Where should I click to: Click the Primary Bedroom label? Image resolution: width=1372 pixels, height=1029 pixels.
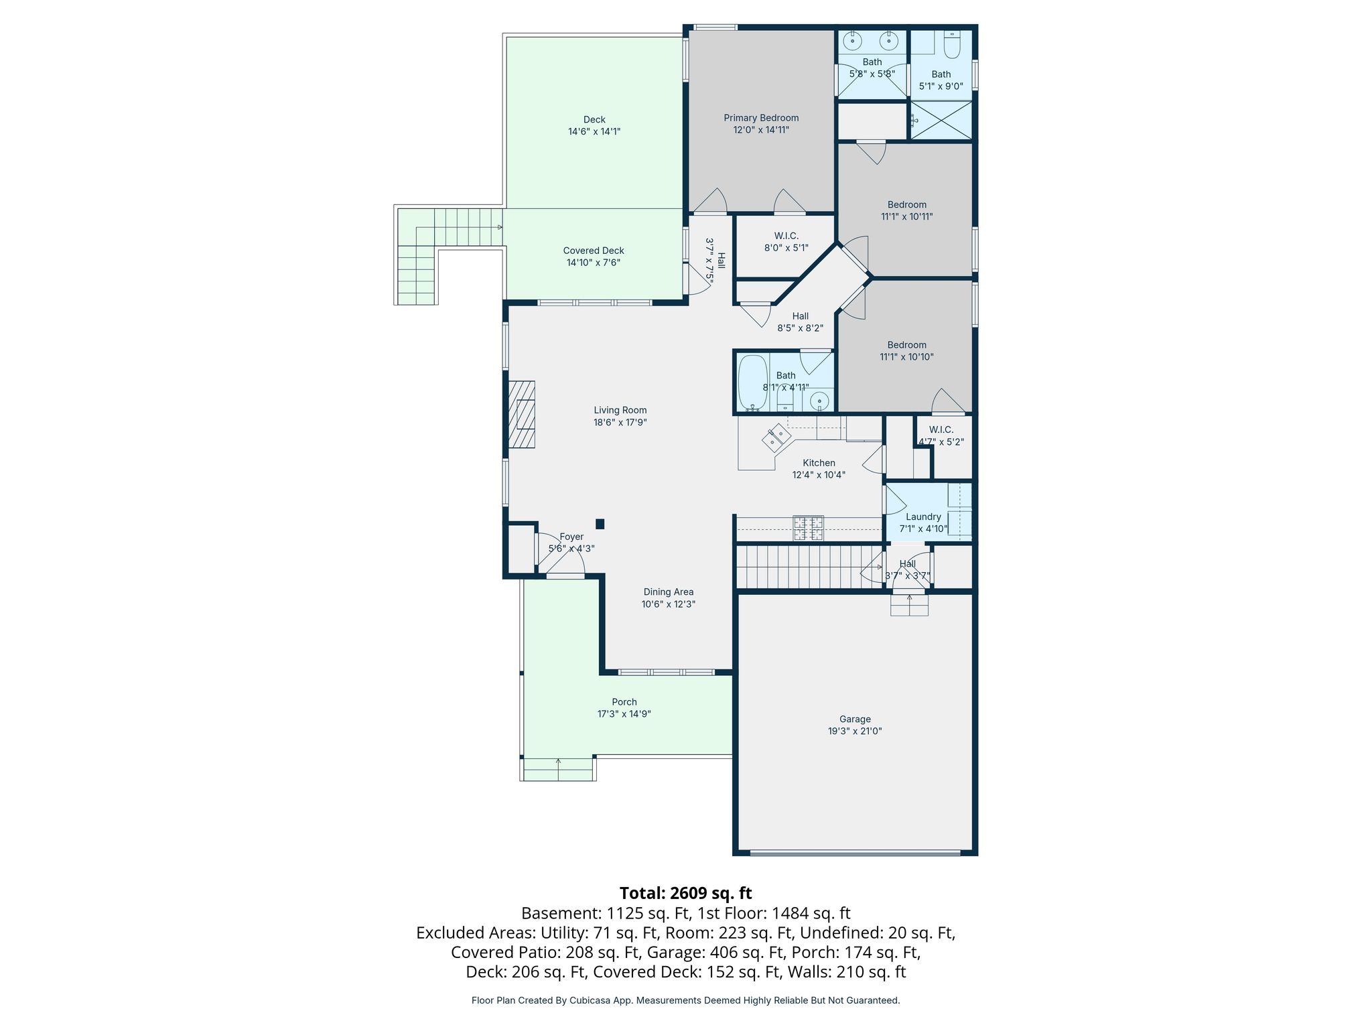coord(761,118)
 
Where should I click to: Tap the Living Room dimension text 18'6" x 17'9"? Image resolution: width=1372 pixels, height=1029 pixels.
coord(620,423)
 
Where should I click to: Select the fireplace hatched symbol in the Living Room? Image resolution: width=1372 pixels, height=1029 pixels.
coord(521,414)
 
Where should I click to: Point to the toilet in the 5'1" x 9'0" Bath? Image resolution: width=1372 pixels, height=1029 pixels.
coord(952,44)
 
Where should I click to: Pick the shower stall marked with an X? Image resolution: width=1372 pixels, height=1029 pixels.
coord(941,121)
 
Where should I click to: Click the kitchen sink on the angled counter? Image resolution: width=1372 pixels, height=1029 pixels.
coord(777,437)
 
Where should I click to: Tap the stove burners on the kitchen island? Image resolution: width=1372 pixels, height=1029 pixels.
coord(809,528)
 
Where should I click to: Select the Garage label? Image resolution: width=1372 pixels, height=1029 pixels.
coord(855,719)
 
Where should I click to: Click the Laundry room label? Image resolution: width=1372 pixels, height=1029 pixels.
coord(923,517)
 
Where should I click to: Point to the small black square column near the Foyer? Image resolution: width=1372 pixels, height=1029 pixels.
coord(600,524)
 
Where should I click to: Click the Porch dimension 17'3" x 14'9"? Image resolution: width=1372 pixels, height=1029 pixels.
coord(624,714)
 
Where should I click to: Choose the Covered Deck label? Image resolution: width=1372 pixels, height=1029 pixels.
coord(594,251)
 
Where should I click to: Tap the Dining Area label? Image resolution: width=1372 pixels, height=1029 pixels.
coord(669,592)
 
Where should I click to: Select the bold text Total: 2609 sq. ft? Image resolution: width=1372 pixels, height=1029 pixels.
coord(686,893)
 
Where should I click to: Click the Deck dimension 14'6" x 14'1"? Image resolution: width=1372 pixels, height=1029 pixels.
coord(594,132)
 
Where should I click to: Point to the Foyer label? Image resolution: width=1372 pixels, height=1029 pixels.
coord(571,537)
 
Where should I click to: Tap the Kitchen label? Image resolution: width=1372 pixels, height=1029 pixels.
coord(819,463)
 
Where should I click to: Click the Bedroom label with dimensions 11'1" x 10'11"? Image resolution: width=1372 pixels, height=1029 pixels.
coord(907,205)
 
